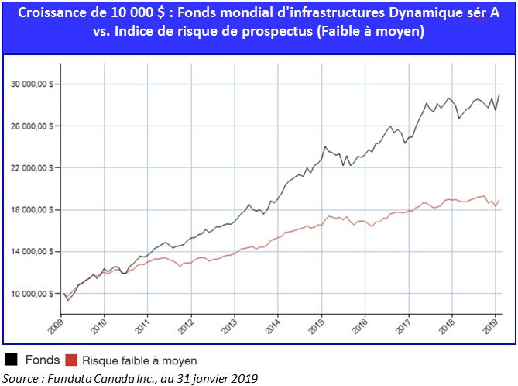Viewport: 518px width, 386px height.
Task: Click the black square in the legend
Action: pos(12,360)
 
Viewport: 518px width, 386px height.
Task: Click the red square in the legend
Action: pos(70,360)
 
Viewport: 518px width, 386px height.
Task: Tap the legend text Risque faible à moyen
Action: pos(139,360)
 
